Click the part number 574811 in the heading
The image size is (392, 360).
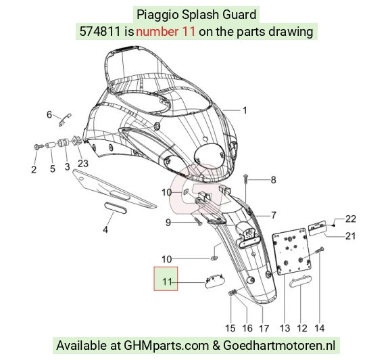pyautogui.click(x=100, y=32)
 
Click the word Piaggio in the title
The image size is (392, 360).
pyautogui.click(x=157, y=15)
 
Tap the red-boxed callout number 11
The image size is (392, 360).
pyautogui.click(x=167, y=282)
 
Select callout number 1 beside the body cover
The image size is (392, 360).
pyautogui.click(x=245, y=110)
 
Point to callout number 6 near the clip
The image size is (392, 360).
pyautogui.click(x=49, y=114)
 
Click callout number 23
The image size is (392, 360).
pyautogui.click(x=83, y=164)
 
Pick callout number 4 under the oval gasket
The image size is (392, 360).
pyautogui.click(x=105, y=229)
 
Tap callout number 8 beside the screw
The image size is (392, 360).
pyautogui.click(x=273, y=180)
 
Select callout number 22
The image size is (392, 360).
pyautogui.click(x=351, y=219)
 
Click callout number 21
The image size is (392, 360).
pyautogui.click(x=350, y=236)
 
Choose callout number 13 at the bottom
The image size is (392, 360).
pyautogui.click(x=285, y=328)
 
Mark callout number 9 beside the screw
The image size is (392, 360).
pyautogui.click(x=168, y=223)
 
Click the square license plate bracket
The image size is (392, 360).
pyautogui.click(x=292, y=251)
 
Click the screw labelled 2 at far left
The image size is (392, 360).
pyautogui.click(x=37, y=146)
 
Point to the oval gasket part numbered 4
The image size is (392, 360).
pyautogui.click(x=116, y=208)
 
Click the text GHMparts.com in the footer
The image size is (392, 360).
pyautogui.click(x=166, y=346)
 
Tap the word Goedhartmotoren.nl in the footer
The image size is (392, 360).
pyautogui.click(x=279, y=346)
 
